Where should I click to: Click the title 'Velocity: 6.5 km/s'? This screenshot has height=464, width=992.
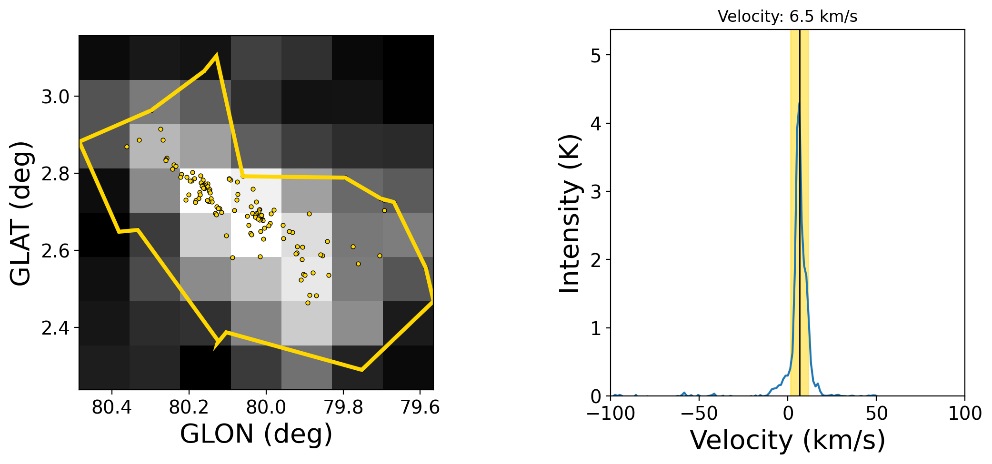click(787, 17)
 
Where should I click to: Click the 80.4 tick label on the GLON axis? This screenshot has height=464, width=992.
click(111, 408)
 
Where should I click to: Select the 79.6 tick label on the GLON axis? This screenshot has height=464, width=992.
click(420, 408)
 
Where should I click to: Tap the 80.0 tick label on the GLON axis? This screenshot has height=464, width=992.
click(266, 408)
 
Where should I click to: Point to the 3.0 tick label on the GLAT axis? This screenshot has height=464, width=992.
click(55, 97)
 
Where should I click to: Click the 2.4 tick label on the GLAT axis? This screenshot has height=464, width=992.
click(55, 328)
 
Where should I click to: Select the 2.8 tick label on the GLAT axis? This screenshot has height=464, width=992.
click(55, 174)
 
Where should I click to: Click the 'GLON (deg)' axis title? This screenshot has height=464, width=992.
click(256, 434)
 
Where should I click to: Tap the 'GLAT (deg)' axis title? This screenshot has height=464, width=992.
click(20, 213)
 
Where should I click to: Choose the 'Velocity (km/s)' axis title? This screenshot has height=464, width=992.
click(788, 440)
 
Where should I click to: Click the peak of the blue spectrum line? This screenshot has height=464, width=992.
click(799, 103)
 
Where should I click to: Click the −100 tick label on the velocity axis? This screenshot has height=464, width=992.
click(611, 414)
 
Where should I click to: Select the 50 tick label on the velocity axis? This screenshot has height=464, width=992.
click(876, 414)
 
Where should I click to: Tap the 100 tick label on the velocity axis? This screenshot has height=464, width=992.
click(965, 414)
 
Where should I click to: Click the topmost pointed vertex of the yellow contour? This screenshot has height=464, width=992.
click(217, 55)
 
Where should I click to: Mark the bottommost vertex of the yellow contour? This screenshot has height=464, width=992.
click(362, 370)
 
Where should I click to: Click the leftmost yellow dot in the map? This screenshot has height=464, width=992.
click(127, 147)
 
